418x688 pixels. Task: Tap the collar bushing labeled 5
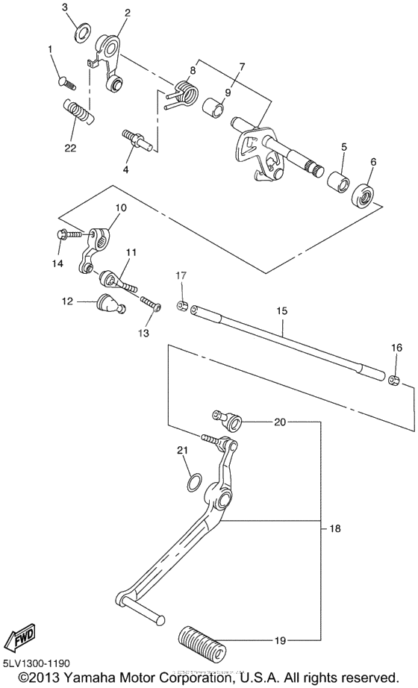[x=337, y=184]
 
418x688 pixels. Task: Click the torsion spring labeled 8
[x=184, y=93]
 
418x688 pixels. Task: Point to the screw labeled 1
[x=65, y=79]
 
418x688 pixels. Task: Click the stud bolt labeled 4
[x=137, y=140]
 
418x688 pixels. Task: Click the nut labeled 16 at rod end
[x=395, y=381]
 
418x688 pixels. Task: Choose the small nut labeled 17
[x=181, y=305]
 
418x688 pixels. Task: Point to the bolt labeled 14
[x=65, y=235]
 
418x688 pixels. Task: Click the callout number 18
[x=334, y=528]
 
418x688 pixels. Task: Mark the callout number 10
[x=120, y=207]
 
